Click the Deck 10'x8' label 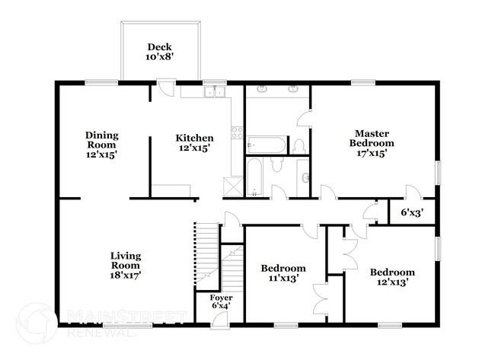[x=160, y=51]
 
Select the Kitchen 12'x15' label [x=194, y=143]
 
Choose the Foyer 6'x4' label [x=221, y=301]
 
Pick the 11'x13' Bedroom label [x=283, y=273]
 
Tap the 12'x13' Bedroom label [x=392, y=276]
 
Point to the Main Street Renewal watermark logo [x=99, y=320]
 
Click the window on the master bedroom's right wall [x=438, y=171]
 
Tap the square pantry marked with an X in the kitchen [x=230, y=187]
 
